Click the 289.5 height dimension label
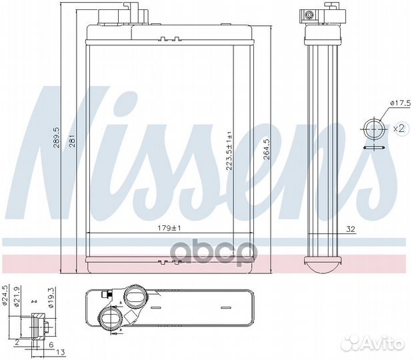pos(58,137)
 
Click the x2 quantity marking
pos(399,127)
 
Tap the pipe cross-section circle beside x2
pos(374,127)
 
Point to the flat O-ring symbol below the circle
pos(374,149)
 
